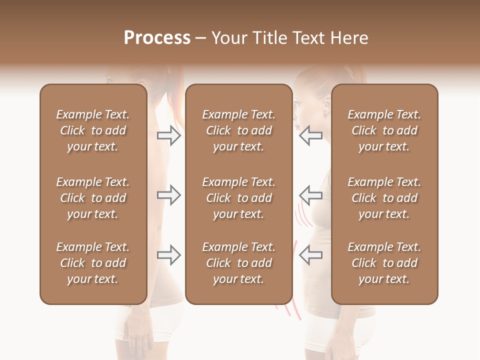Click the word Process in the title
[x=157, y=38]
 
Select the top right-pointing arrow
[x=169, y=135]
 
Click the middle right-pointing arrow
[x=169, y=195]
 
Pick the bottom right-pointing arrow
[x=169, y=255]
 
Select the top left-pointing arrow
[x=310, y=135]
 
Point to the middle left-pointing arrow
[x=310, y=195]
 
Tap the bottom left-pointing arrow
[x=310, y=255]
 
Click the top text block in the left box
[x=93, y=130]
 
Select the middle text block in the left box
[x=93, y=198]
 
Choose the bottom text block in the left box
[x=93, y=263]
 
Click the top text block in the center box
[x=239, y=130]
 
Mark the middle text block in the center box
[x=239, y=198]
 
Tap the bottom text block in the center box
[x=239, y=263]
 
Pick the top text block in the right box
[x=384, y=130]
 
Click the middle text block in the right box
[x=384, y=198]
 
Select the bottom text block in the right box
[x=384, y=263]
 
